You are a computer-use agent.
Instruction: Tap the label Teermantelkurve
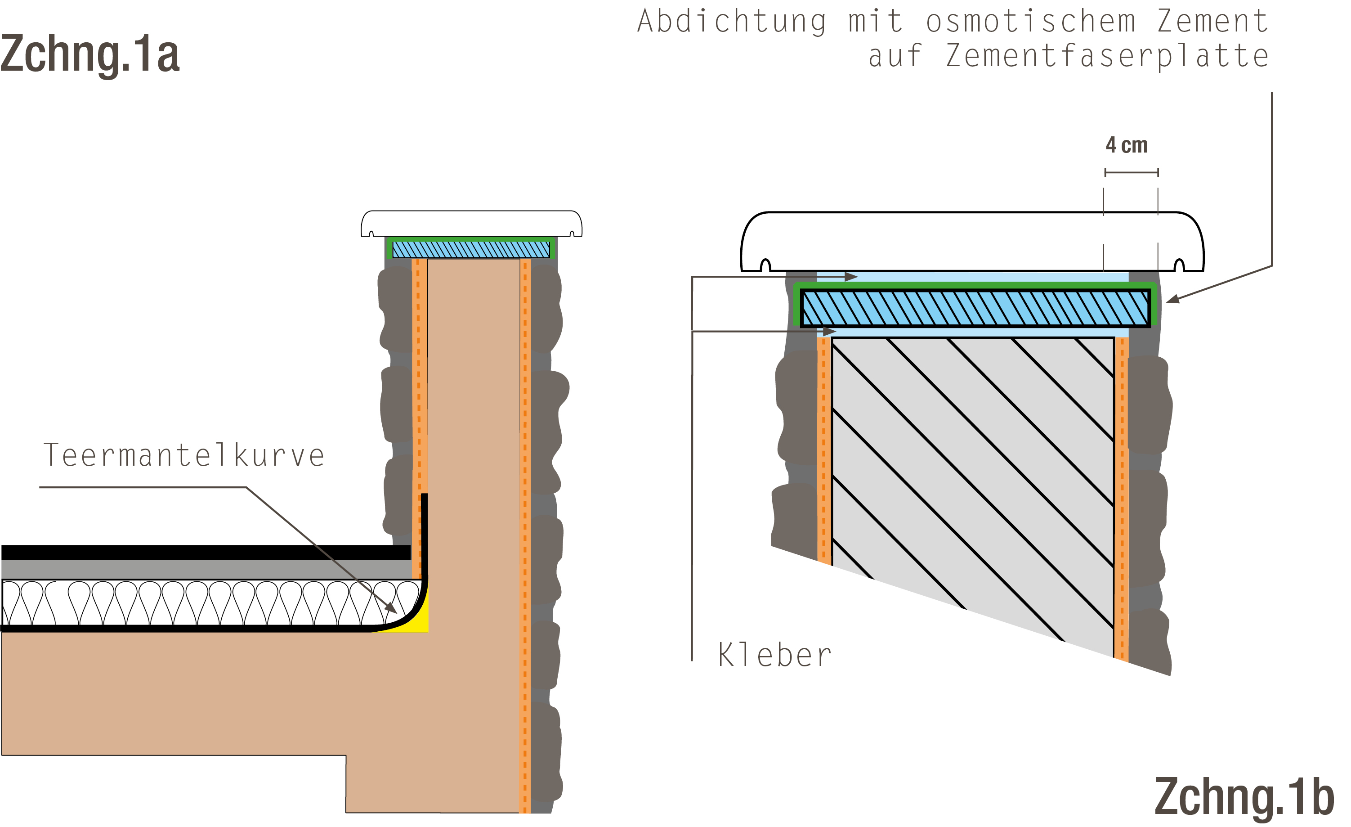[183, 455]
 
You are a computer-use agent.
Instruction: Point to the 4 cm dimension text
[1127, 145]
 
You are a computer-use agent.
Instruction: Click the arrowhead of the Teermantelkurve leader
[391, 608]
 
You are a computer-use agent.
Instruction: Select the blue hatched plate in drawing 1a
[471, 250]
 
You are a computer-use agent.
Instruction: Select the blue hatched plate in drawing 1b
[975, 308]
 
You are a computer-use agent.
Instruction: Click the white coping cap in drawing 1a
[471, 223]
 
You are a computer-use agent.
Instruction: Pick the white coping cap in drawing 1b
[972, 241]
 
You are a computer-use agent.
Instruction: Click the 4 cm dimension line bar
[1131, 173]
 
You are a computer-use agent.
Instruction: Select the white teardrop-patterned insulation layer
[211, 602]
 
